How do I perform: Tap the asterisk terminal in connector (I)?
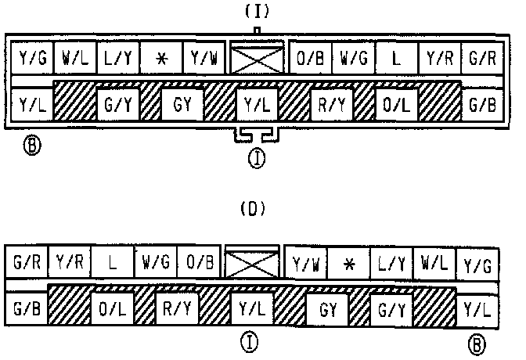[161, 58]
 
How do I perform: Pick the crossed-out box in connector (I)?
[257, 57]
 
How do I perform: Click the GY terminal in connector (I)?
[183, 103]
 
